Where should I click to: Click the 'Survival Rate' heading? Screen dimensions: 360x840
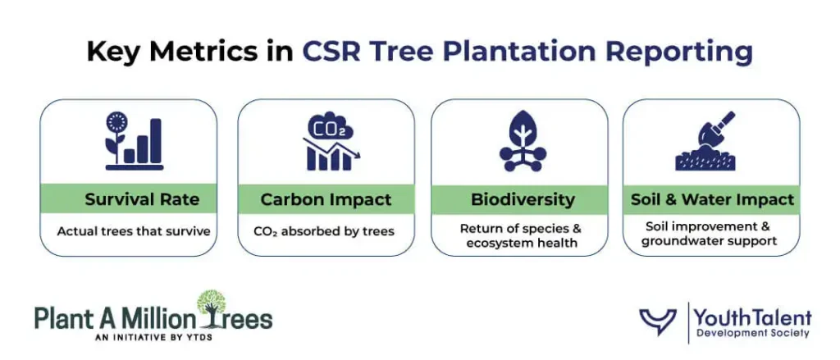141,199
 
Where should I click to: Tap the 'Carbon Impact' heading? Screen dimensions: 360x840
326,199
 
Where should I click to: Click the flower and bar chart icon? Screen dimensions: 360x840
134,144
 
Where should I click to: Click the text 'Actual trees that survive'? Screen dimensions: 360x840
134,231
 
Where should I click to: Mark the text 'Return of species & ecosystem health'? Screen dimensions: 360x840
520,235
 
